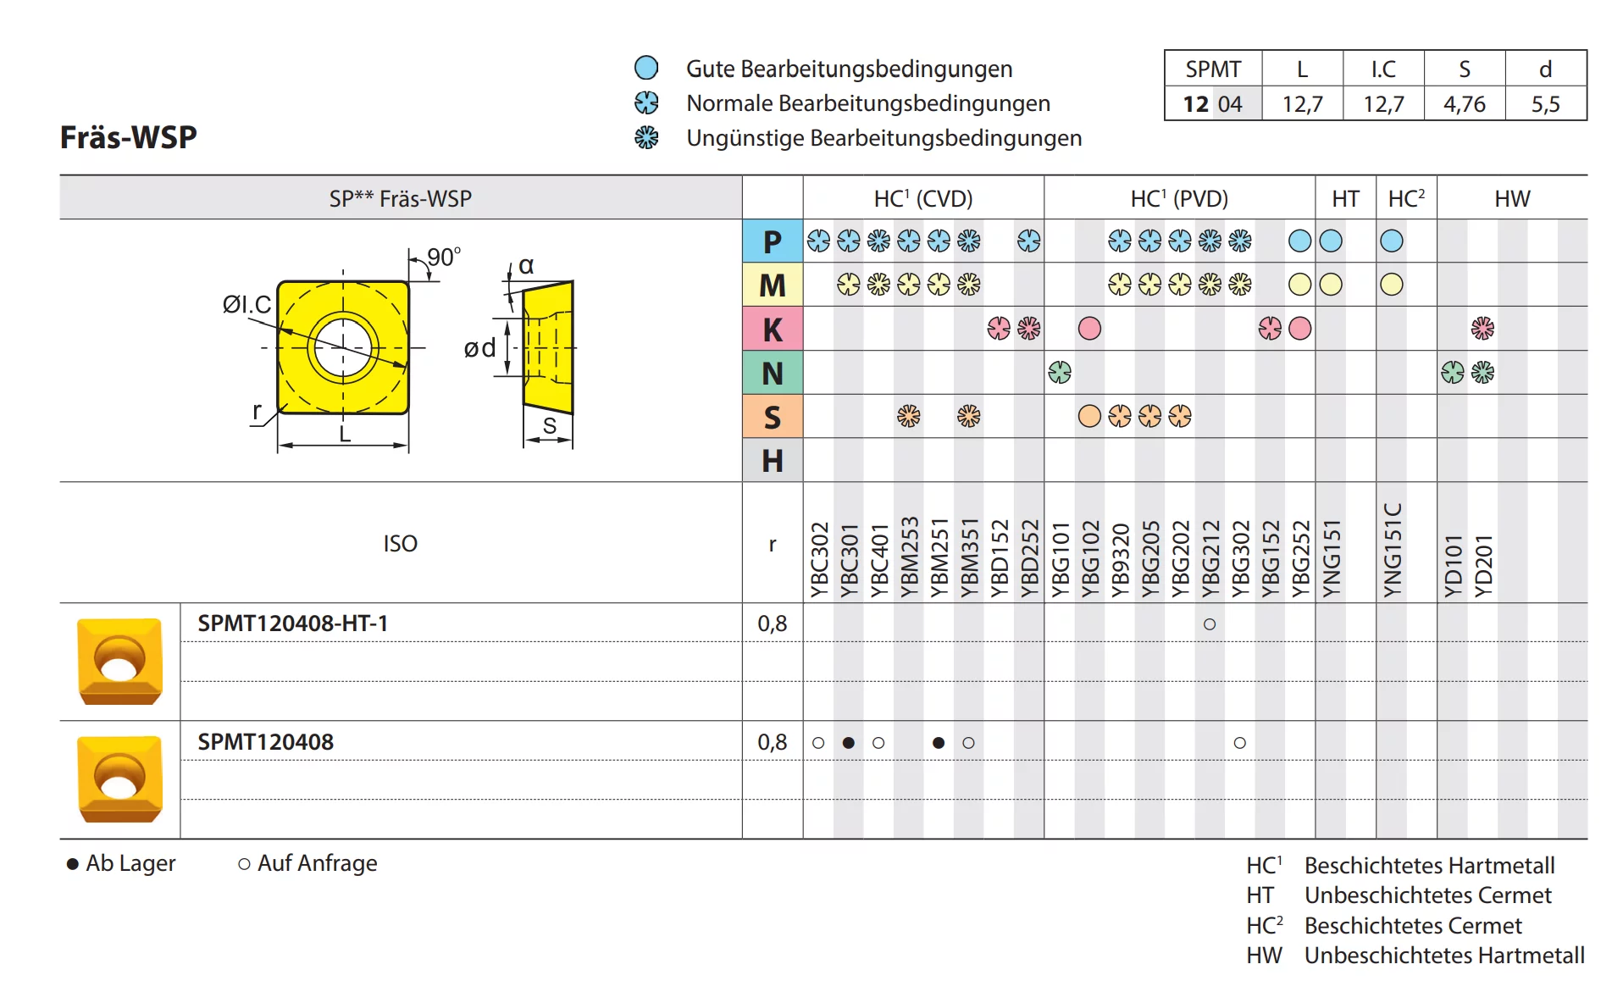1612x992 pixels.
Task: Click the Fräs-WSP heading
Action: click(128, 137)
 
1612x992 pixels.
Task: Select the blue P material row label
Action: click(772, 241)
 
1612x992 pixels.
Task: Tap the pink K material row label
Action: click(772, 329)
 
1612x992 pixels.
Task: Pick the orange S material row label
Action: click(772, 417)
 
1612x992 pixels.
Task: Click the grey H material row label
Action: click(772, 460)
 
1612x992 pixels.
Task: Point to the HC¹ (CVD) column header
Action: click(923, 198)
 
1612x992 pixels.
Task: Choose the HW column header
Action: click(1512, 199)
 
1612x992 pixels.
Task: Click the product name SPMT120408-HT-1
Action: click(293, 623)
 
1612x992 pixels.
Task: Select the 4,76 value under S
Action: click(1465, 104)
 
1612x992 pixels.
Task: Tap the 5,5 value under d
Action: click(1545, 104)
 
